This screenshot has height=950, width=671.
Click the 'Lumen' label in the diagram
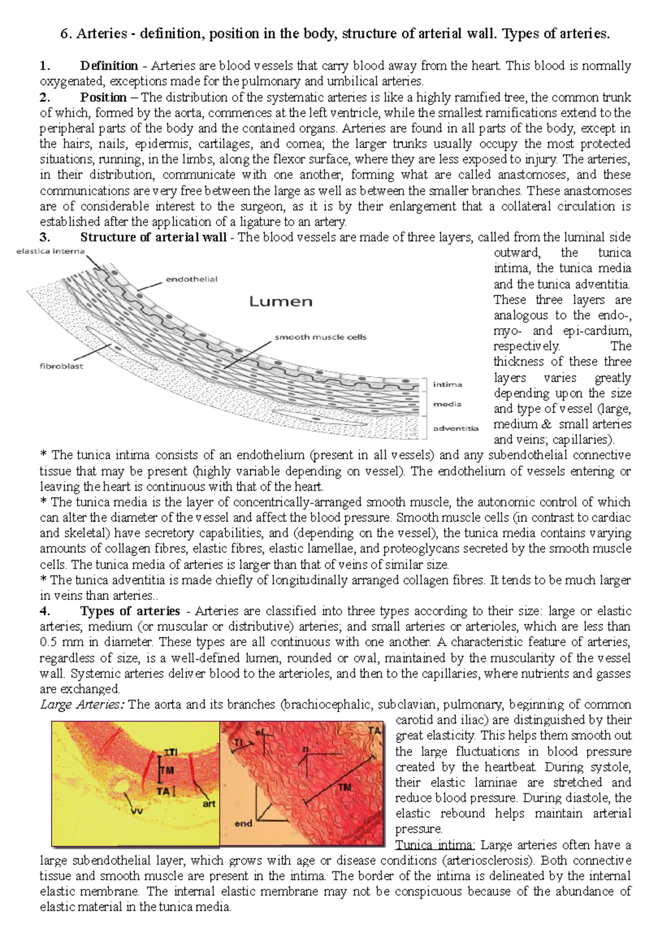(x=280, y=302)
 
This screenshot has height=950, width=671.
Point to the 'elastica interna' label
(x=50, y=251)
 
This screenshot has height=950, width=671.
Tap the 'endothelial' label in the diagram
(x=191, y=279)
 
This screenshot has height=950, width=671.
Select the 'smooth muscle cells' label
(x=320, y=337)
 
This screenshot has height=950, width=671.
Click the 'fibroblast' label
(x=62, y=366)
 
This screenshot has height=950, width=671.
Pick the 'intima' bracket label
(x=447, y=384)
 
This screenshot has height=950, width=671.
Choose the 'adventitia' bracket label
(x=456, y=428)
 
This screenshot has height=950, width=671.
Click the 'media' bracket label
(x=447, y=404)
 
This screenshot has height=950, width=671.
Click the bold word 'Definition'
(x=109, y=66)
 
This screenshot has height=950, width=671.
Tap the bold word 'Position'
(x=103, y=97)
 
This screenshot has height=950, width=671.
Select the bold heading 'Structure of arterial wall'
(x=153, y=237)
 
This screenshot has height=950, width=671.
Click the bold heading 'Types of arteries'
(x=130, y=611)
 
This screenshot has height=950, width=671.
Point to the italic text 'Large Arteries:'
(x=83, y=704)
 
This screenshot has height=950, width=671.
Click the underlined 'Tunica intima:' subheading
(x=435, y=845)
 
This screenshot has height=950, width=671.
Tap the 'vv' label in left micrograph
(x=136, y=810)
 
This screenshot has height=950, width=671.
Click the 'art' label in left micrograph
(x=209, y=803)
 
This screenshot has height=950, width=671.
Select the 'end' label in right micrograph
(x=243, y=824)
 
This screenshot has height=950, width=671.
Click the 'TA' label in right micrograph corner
(x=375, y=731)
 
